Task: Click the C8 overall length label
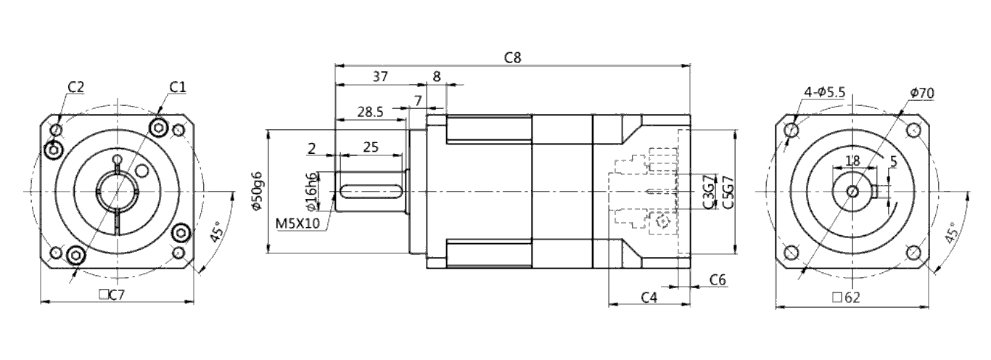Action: pyautogui.click(x=513, y=57)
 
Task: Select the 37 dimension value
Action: pyautogui.click(x=380, y=77)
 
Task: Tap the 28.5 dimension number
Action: pyautogui.click(x=370, y=112)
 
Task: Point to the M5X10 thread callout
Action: pyautogui.click(x=297, y=223)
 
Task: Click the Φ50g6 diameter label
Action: pyautogui.click(x=259, y=191)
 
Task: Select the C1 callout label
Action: pyautogui.click(x=178, y=87)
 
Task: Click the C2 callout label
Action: pyautogui.click(x=75, y=87)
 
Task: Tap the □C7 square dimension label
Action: pyautogui.click(x=112, y=295)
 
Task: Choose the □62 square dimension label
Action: pyautogui.click(x=846, y=298)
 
